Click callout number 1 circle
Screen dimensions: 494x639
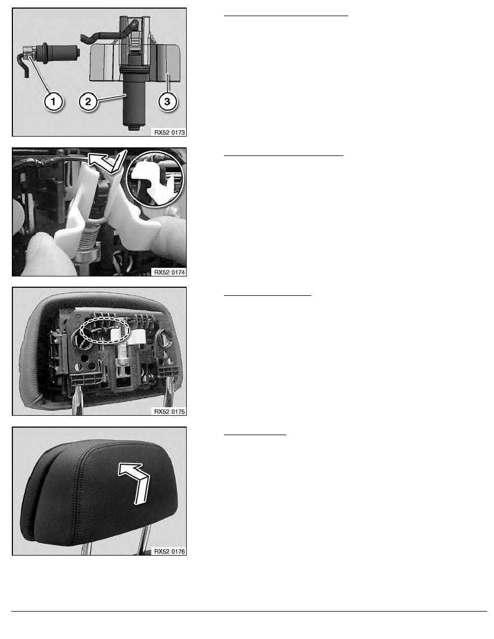tap(53, 101)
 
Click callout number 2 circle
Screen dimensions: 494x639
tap(88, 101)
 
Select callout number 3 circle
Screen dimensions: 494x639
tap(167, 101)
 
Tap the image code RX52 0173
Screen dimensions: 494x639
tap(169, 132)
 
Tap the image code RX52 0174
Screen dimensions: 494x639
tap(169, 272)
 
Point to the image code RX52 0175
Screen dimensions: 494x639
tap(169, 411)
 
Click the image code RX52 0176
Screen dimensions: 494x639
tap(169, 551)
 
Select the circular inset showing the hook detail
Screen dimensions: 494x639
tap(156, 178)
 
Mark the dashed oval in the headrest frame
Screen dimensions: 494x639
tap(104, 330)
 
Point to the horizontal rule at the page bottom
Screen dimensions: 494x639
tap(249, 611)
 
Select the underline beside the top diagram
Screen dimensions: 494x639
tap(286, 16)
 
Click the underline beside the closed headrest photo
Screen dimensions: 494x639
tap(255, 435)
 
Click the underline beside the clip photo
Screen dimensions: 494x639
tap(284, 155)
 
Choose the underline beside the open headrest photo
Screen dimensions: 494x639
tap(267, 295)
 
